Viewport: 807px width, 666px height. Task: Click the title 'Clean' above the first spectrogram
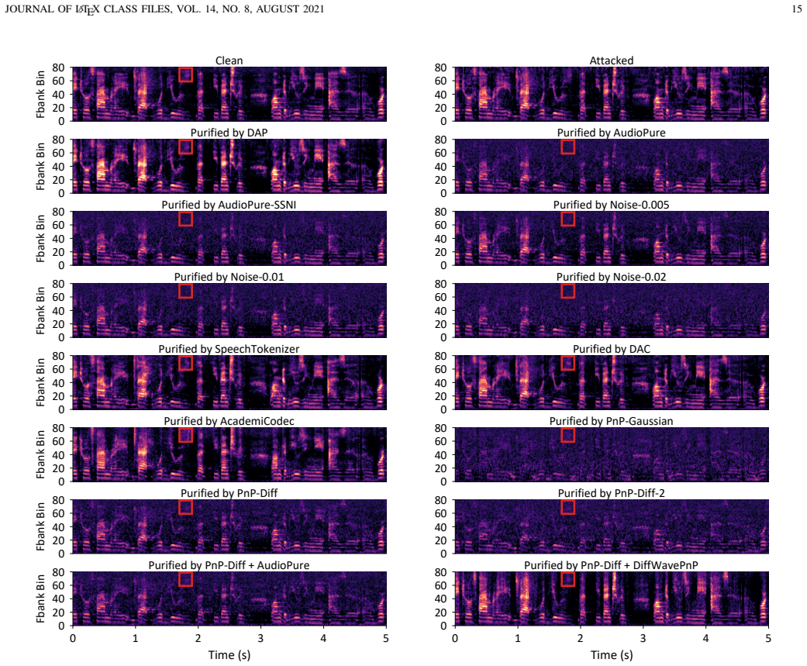click(229, 60)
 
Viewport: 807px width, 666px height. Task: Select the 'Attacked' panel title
click(612, 60)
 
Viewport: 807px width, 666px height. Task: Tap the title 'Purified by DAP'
click(229, 133)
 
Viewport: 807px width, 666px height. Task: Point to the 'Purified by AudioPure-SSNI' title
click(229, 205)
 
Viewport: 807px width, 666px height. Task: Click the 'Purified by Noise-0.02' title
click(612, 276)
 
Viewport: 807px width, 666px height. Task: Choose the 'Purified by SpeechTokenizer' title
click(229, 348)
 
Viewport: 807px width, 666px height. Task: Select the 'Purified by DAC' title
click(612, 348)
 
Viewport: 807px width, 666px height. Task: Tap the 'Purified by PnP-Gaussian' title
click(612, 420)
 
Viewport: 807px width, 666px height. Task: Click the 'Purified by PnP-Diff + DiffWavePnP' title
click(612, 564)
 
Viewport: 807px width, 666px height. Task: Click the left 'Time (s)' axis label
click(229, 654)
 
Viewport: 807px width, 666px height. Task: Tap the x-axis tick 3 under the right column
click(643, 638)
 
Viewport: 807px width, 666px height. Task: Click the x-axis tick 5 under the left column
click(385, 638)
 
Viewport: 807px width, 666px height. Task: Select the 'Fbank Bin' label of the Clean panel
click(40, 94)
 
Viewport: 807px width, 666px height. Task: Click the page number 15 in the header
click(797, 9)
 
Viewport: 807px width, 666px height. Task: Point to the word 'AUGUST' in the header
click(278, 9)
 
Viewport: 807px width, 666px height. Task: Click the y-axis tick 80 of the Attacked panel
click(440, 67)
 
